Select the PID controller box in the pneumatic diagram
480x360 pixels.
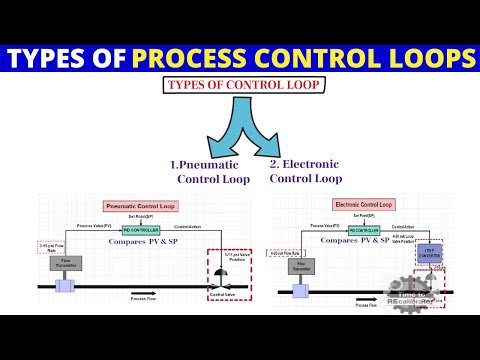pos(139,230)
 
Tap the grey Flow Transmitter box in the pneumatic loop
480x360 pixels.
pos(66,264)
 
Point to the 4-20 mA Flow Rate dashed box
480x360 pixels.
pos(284,246)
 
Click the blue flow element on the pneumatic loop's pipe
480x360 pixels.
pos(66,288)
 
